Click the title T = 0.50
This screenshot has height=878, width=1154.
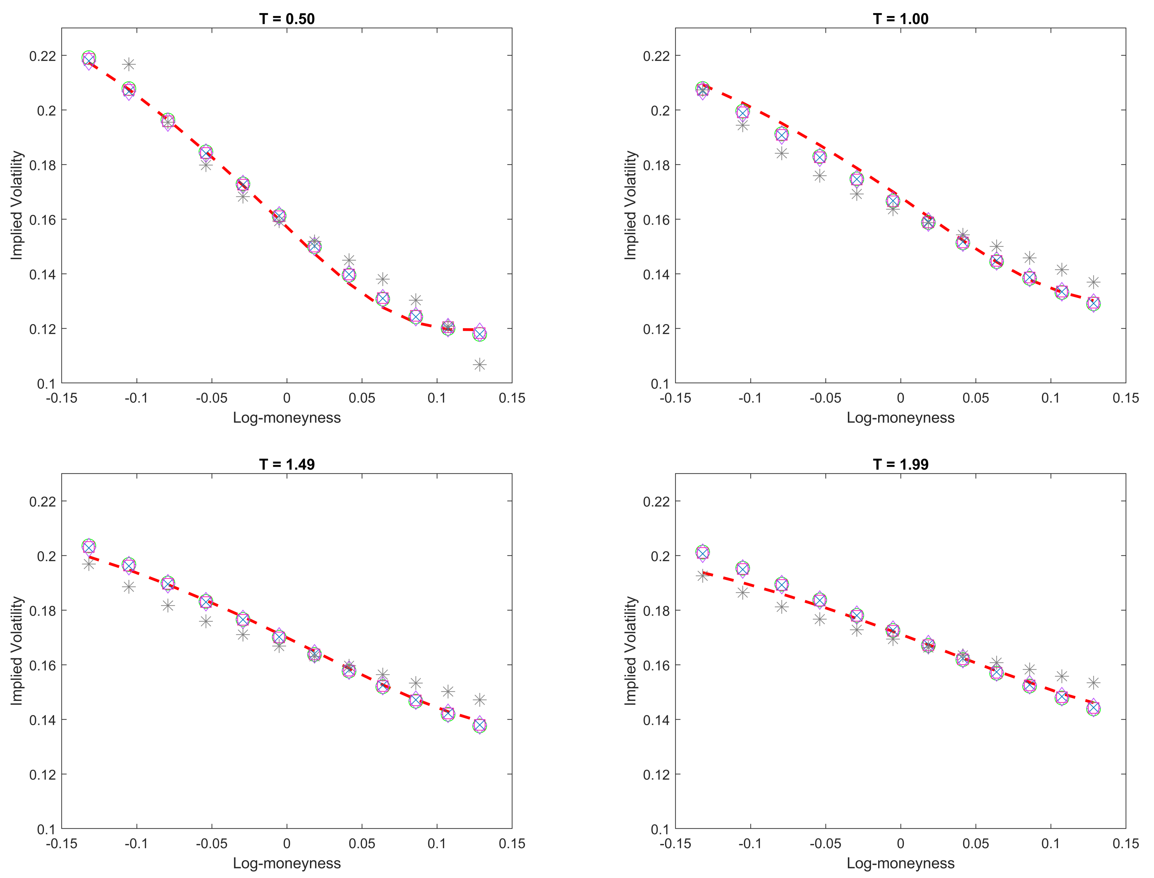287,19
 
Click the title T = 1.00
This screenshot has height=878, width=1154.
900,19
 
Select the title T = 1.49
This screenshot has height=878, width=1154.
287,464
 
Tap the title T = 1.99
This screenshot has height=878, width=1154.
900,464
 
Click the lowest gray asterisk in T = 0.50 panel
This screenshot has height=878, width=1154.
480,364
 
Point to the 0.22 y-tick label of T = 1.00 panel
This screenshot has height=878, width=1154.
657,56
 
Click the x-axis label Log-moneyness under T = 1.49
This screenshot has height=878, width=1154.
287,863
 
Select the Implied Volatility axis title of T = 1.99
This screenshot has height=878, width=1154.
630,651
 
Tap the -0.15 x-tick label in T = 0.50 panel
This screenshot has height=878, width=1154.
62,398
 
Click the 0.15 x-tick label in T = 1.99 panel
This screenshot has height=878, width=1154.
1125,844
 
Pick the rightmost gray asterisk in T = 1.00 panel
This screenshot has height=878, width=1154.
1093,282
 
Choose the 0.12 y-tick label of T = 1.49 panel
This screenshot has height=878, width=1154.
43,774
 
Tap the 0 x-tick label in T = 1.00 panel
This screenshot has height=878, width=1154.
900,398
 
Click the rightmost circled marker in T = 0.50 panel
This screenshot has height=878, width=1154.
480,334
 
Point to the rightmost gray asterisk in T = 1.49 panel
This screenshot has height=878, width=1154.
480,699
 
